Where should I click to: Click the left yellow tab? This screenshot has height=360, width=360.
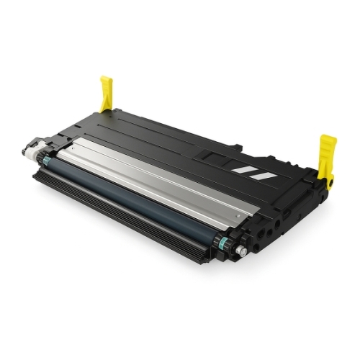coord(106,94)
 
